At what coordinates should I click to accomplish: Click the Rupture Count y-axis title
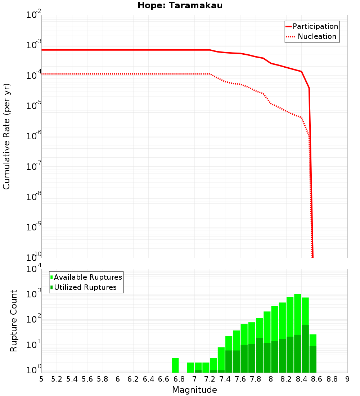14,320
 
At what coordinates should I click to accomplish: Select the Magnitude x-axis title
194,390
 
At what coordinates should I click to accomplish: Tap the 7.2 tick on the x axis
210,379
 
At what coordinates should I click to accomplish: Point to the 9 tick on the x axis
347,379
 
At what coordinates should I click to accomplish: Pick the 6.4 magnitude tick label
148,379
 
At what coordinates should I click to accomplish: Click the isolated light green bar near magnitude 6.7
175,365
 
